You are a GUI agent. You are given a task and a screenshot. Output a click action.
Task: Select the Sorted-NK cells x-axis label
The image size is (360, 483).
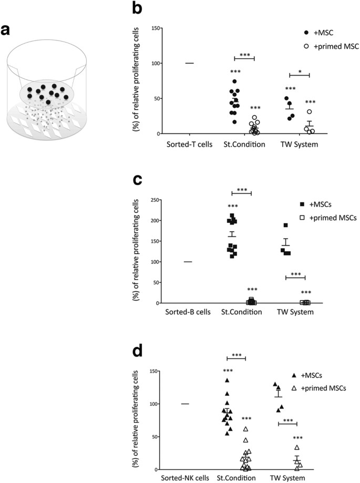187,478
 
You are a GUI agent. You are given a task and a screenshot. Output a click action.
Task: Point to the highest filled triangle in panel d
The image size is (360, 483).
227,380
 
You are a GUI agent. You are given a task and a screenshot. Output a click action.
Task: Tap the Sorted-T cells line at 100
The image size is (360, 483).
190,63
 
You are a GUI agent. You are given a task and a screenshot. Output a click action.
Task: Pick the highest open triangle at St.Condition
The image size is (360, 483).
245,429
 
